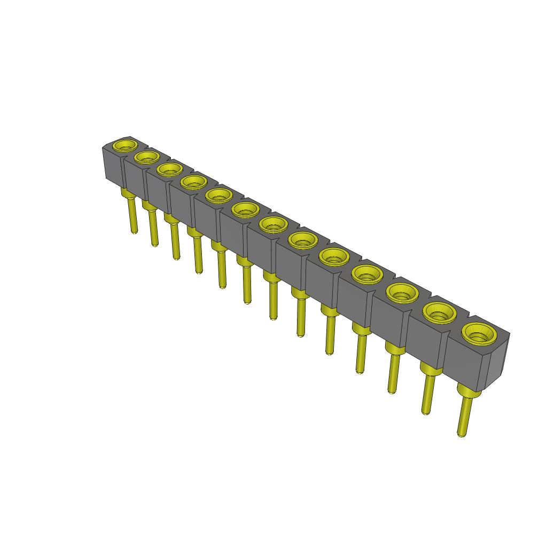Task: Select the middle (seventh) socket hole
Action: coord(273,225)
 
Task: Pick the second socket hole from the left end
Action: coord(147,157)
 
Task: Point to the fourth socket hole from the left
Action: coord(193,182)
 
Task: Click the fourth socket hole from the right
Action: coord(368,275)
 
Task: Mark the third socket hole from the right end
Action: coord(402,293)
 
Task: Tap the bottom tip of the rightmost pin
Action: coord(461,433)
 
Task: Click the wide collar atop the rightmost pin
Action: coord(468,393)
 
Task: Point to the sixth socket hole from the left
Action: coord(245,209)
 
